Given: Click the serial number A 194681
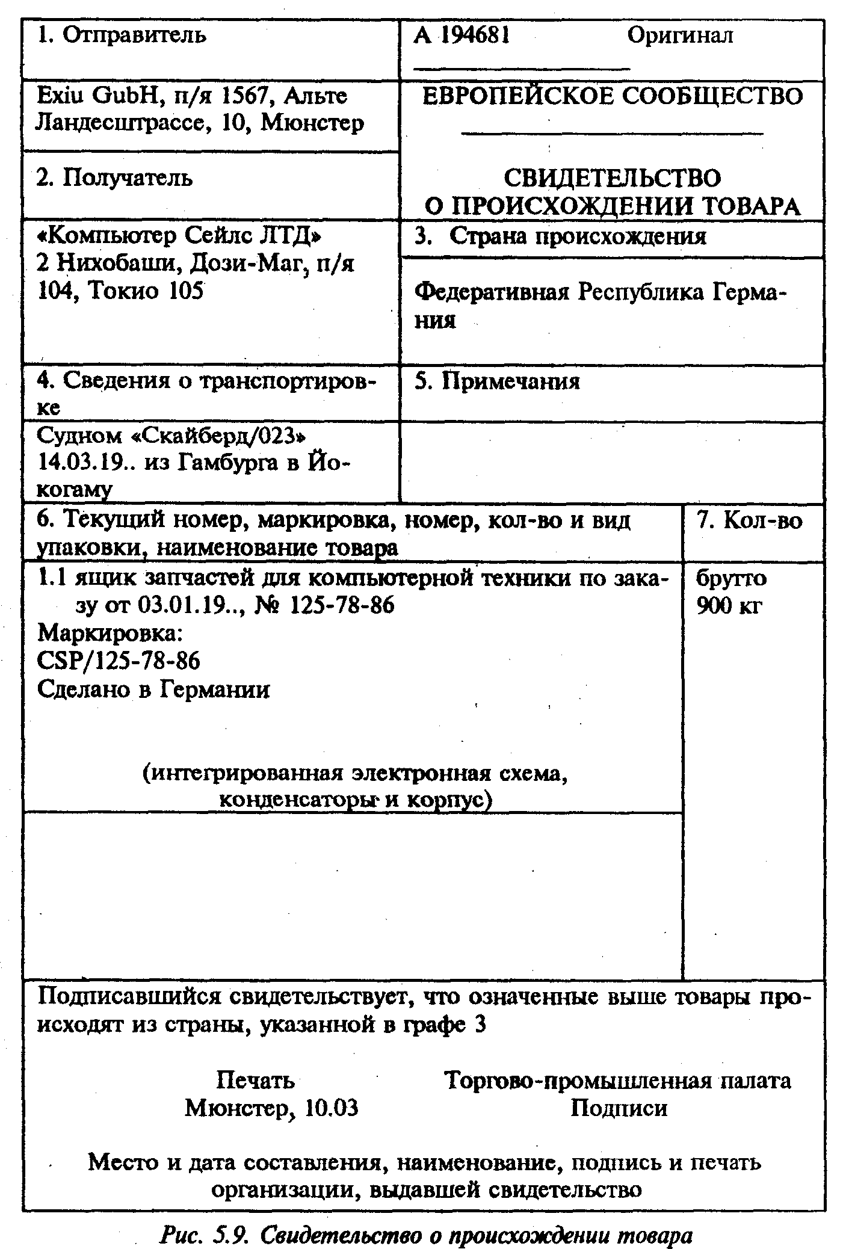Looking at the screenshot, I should pos(462,35).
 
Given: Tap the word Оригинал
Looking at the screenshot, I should pos(680,35).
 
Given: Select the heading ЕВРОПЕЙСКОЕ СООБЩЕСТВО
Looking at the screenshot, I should pos(612,96).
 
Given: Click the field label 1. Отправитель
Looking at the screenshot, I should pos(122,35).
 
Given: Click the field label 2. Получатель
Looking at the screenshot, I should pos(114,178).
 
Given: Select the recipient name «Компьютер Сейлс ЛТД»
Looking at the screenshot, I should pos(179,236).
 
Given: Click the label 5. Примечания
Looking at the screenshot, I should pos(497,381).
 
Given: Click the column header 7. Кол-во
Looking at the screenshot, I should pos(750,520).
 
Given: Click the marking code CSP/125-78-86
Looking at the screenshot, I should pos(119,661).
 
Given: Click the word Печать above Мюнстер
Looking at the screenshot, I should pos(255,1081).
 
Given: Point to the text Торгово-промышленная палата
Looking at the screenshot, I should pos(617,1081).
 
